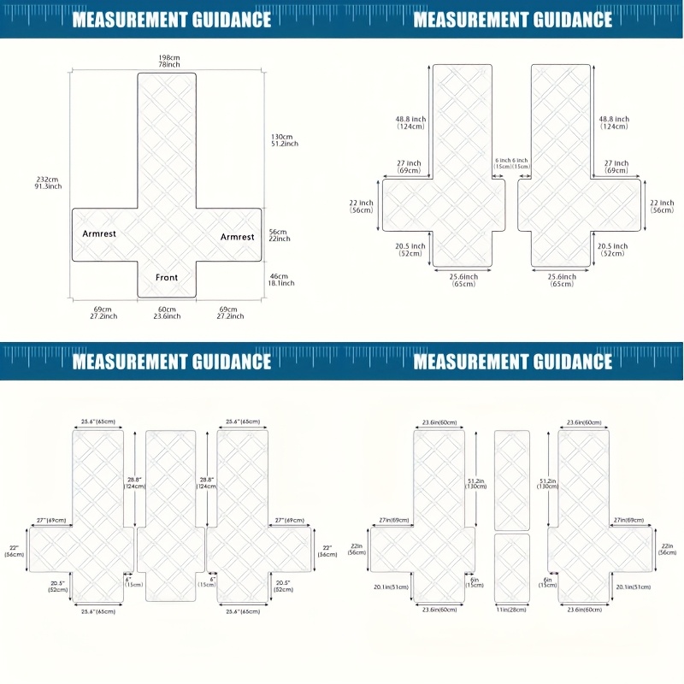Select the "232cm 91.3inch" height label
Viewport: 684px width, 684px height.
tap(48, 182)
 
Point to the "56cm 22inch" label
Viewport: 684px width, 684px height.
tap(280, 235)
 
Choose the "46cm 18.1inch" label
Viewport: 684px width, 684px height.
tap(281, 280)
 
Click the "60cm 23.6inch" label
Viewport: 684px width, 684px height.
tap(168, 313)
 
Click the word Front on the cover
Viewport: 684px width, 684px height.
tap(167, 277)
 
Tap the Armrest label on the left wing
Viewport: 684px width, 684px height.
tap(99, 233)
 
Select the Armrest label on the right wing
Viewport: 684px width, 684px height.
tap(237, 237)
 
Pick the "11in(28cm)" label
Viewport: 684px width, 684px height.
tap(512, 610)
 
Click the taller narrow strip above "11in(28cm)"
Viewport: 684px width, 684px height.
tap(512, 479)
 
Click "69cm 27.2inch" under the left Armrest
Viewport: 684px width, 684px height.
tap(103, 313)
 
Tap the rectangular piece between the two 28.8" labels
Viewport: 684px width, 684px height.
tap(170, 513)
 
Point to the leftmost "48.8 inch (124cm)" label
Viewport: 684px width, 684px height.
tap(410, 123)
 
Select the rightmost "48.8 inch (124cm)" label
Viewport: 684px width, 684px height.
tap(614, 123)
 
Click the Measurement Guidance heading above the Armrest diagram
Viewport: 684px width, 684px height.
tap(171, 19)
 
